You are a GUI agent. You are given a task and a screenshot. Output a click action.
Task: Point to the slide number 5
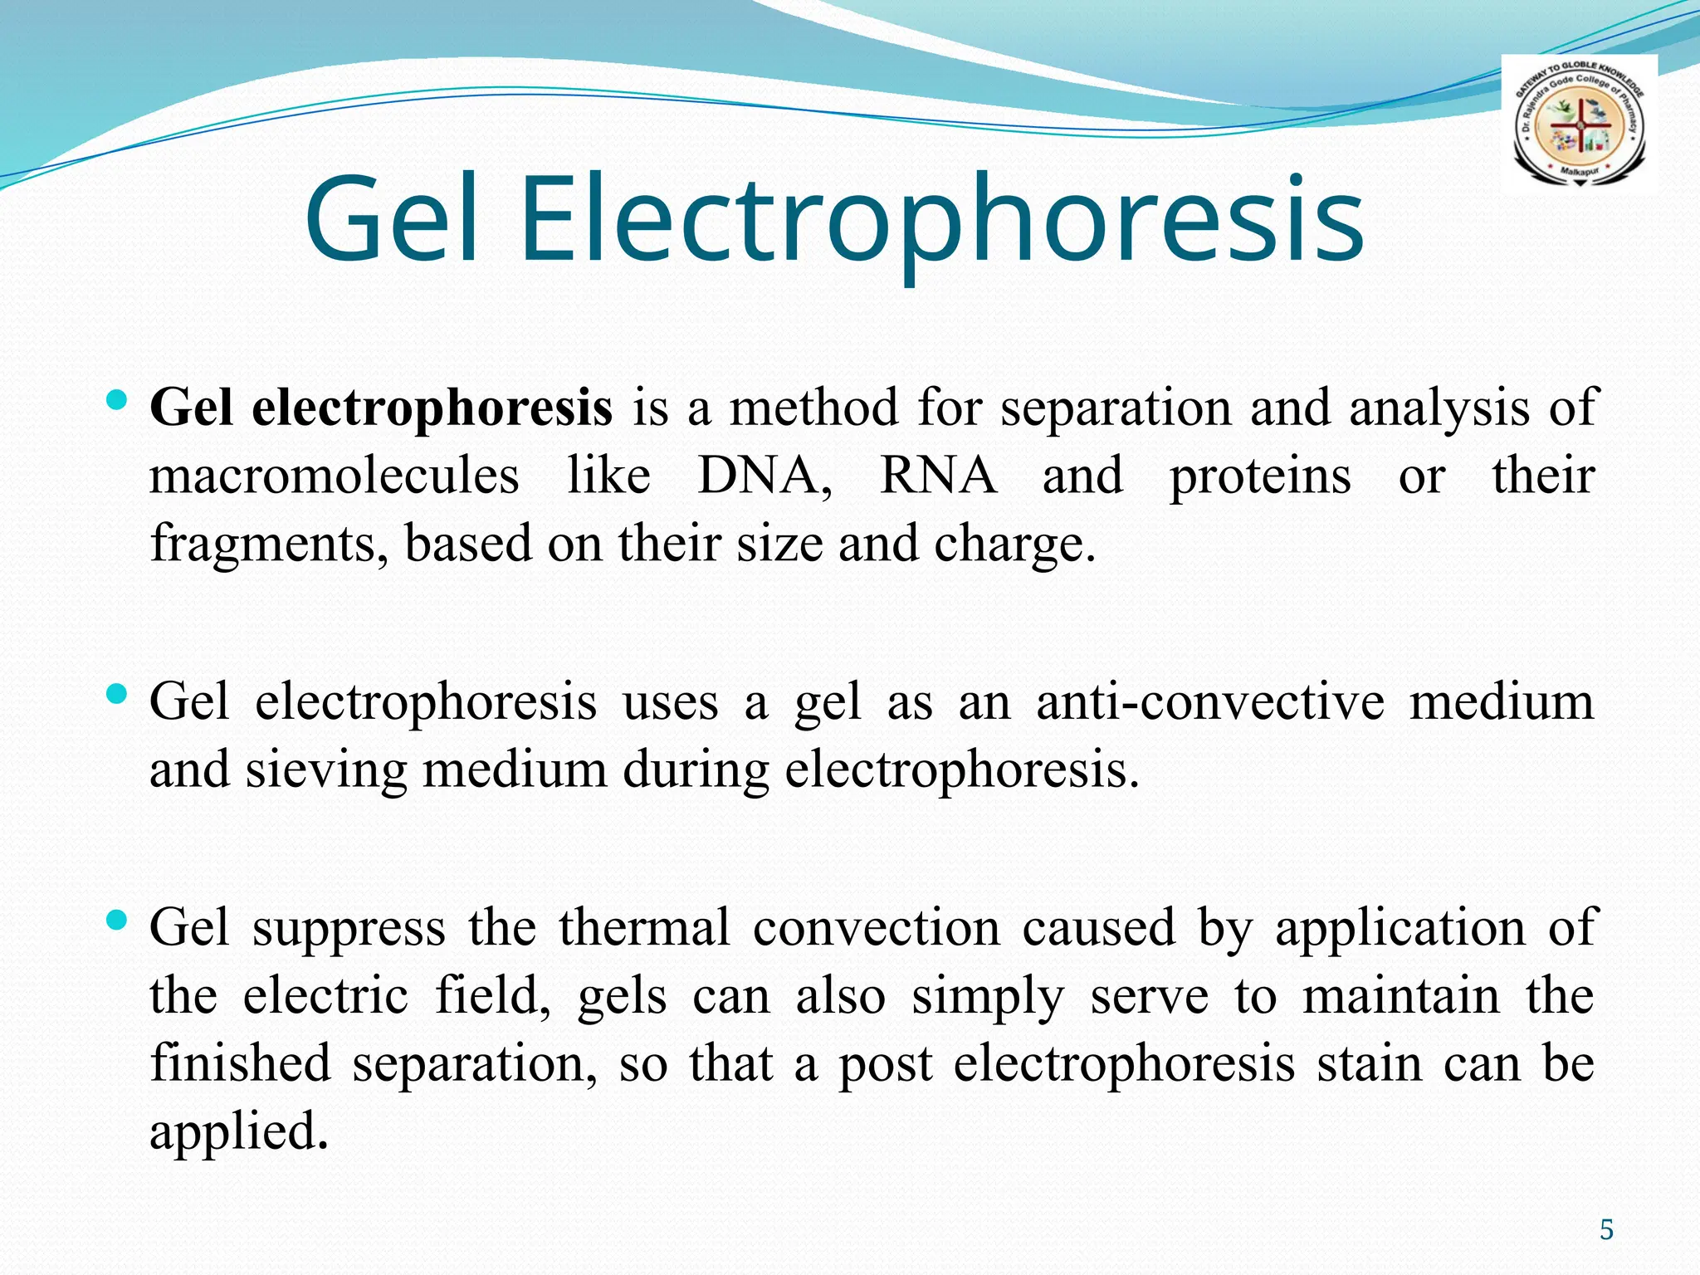1606,1229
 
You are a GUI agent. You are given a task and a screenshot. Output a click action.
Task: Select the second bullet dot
117,693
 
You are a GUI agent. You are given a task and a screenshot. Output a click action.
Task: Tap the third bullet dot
117,920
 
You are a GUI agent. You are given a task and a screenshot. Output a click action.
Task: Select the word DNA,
765,476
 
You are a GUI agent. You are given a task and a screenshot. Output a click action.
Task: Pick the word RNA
938,476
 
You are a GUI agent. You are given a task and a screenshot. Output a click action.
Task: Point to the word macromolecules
334,476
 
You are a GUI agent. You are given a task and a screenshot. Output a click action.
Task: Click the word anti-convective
1210,702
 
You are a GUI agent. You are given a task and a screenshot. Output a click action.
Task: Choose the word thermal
644,928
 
